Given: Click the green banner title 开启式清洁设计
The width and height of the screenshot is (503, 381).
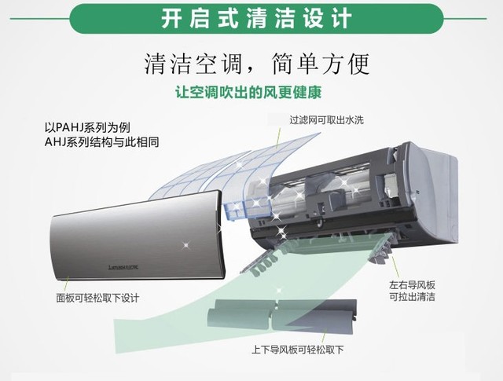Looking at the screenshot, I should [x=251, y=16].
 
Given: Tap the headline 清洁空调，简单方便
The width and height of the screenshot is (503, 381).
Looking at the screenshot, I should [x=251, y=62].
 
